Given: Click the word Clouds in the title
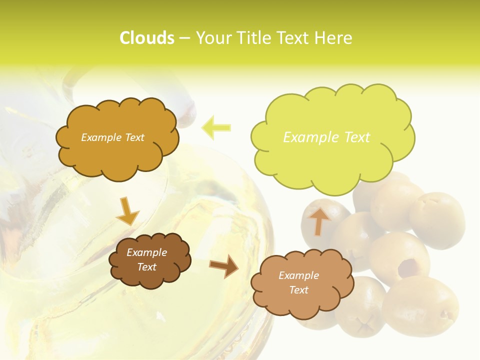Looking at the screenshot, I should pos(146,38).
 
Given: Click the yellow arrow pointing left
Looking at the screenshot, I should pos(216,127).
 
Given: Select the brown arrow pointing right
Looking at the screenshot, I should pos(223,266).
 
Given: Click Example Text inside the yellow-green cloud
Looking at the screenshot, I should pos(326,137).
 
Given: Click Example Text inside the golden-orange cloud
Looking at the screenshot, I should pos(112,137).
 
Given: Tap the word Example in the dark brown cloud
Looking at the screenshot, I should pos(146,252).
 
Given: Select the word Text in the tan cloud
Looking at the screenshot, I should pos(298,290).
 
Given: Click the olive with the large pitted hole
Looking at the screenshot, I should pos(400,255).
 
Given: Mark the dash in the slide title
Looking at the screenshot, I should pos(184,38).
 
